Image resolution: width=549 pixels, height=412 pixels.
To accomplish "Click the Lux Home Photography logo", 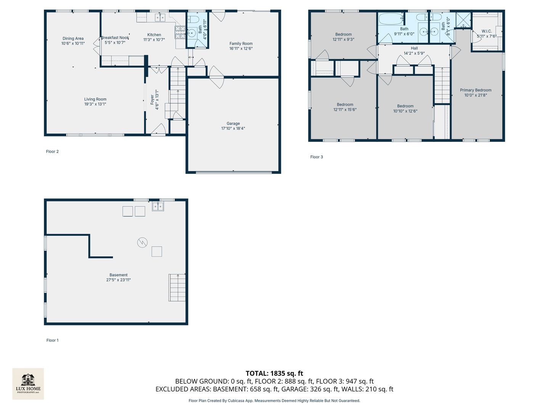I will pos(28,383).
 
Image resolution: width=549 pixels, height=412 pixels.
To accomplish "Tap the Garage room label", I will pos(233,124).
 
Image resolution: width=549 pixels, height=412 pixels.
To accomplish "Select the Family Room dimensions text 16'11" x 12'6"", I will pos(241,48).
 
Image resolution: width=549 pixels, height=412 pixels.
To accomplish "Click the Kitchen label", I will pos(154,35).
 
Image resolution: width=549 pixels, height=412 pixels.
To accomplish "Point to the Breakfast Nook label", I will pos(115,38).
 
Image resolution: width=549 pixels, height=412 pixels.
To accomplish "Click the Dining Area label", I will pos(73,39).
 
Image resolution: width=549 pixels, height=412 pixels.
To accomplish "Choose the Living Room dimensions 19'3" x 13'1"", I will pos(95,104).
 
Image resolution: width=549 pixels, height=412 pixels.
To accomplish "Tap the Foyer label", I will pos(152,100).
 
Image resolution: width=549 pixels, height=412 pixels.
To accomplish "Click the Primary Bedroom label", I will pos(475,90).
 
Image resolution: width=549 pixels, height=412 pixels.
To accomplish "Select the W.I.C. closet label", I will pos(486,31).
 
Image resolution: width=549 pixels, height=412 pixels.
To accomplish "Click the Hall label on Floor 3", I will pos(414,48).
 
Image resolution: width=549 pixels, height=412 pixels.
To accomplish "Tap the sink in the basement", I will pos(158,207).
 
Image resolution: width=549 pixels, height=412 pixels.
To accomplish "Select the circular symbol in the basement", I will pos(142,243).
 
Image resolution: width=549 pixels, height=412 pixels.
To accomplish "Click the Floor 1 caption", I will pos(52,340).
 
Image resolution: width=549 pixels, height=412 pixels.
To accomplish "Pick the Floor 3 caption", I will pos(316,157).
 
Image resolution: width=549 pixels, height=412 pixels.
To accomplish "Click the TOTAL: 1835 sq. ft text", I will pos(274,373).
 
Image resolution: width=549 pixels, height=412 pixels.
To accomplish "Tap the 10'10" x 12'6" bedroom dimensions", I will pos(405,111).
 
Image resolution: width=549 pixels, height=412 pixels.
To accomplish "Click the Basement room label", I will pos(118,275).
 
